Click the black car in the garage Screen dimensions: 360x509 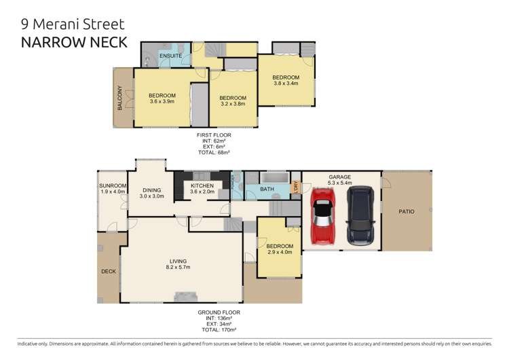(359, 216)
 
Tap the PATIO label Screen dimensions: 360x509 (407, 211)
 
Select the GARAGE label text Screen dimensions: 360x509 (340, 177)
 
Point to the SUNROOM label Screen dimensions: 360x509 (111, 185)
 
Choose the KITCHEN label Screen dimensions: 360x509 (202, 185)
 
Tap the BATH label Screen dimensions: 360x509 (267, 189)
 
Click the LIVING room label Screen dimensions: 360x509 (179, 261)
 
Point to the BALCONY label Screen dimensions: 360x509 (119, 98)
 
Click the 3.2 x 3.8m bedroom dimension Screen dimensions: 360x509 (233, 105)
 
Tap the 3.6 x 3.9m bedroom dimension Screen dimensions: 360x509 (162, 101)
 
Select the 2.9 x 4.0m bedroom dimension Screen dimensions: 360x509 (280, 252)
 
